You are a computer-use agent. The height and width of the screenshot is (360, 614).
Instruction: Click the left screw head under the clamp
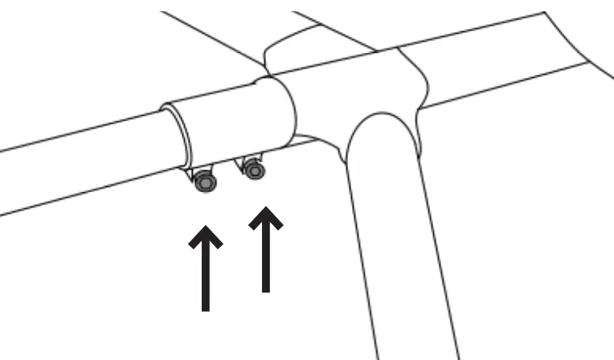coord(207,184)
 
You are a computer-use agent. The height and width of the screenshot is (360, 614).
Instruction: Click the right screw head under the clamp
coord(256,170)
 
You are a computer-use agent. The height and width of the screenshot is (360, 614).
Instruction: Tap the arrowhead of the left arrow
coord(207,239)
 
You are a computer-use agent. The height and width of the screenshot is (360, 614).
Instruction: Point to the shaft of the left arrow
coord(207,277)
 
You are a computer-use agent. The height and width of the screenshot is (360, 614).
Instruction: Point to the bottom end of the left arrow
coord(207,309)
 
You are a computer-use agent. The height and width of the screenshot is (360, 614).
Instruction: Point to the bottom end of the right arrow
coord(265,290)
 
